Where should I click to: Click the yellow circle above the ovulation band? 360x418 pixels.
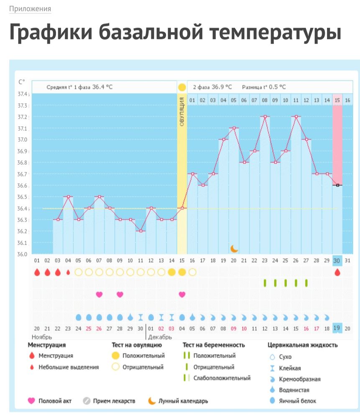click(x=182, y=87)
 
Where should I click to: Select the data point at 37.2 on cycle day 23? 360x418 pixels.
click(x=265, y=117)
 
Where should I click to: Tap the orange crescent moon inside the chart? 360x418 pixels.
click(x=234, y=248)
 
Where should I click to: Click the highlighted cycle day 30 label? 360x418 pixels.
click(x=337, y=261)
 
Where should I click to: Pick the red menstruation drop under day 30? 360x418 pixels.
click(x=337, y=273)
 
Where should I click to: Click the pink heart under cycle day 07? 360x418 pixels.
click(x=99, y=294)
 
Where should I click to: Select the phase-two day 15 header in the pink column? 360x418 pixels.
click(x=337, y=100)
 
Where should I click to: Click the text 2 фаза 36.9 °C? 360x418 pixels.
click(x=212, y=87)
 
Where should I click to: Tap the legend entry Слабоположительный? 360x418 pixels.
click(x=222, y=378)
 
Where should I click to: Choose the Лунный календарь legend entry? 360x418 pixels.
click(x=183, y=401)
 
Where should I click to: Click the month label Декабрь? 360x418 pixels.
click(x=159, y=336)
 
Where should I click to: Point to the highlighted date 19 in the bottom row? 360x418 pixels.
click(x=337, y=328)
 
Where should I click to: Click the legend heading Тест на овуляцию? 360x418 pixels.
click(x=136, y=345)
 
